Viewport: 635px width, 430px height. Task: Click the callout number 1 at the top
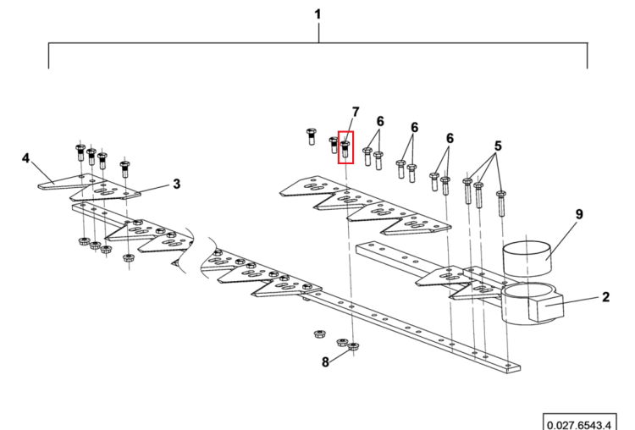[x=317, y=14]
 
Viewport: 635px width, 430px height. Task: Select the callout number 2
[x=605, y=297]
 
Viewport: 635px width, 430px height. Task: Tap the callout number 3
[x=177, y=184]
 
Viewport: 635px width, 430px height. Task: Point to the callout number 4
[x=26, y=158]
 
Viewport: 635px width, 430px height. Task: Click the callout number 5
[x=498, y=146]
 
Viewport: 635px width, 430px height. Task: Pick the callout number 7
[x=356, y=113]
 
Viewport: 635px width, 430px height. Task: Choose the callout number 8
[x=326, y=362]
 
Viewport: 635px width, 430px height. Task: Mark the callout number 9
[x=579, y=214]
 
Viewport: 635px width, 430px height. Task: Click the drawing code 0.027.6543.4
[x=579, y=425]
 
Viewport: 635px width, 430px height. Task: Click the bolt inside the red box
[x=345, y=150]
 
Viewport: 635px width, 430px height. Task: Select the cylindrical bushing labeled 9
[x=527, y=258]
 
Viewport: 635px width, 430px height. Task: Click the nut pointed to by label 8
[x=354, y=346]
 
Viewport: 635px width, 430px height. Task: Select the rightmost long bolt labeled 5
[x=501, y=203]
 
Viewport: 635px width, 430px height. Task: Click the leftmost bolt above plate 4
[x=80, y=152]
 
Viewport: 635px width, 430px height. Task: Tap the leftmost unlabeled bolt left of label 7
[x=311, y=136]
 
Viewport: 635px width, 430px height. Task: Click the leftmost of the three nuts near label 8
[x=319, y=334]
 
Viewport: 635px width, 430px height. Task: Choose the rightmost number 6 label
[x=450, y=139]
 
